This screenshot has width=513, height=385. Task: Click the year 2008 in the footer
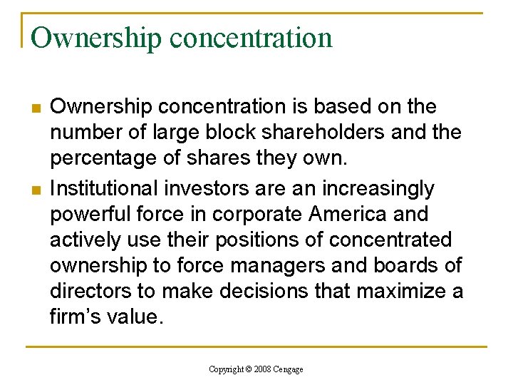pyautogui.click(x=264, y=369)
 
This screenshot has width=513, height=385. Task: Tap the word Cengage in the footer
pyautogui.click(x=289, y=369)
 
